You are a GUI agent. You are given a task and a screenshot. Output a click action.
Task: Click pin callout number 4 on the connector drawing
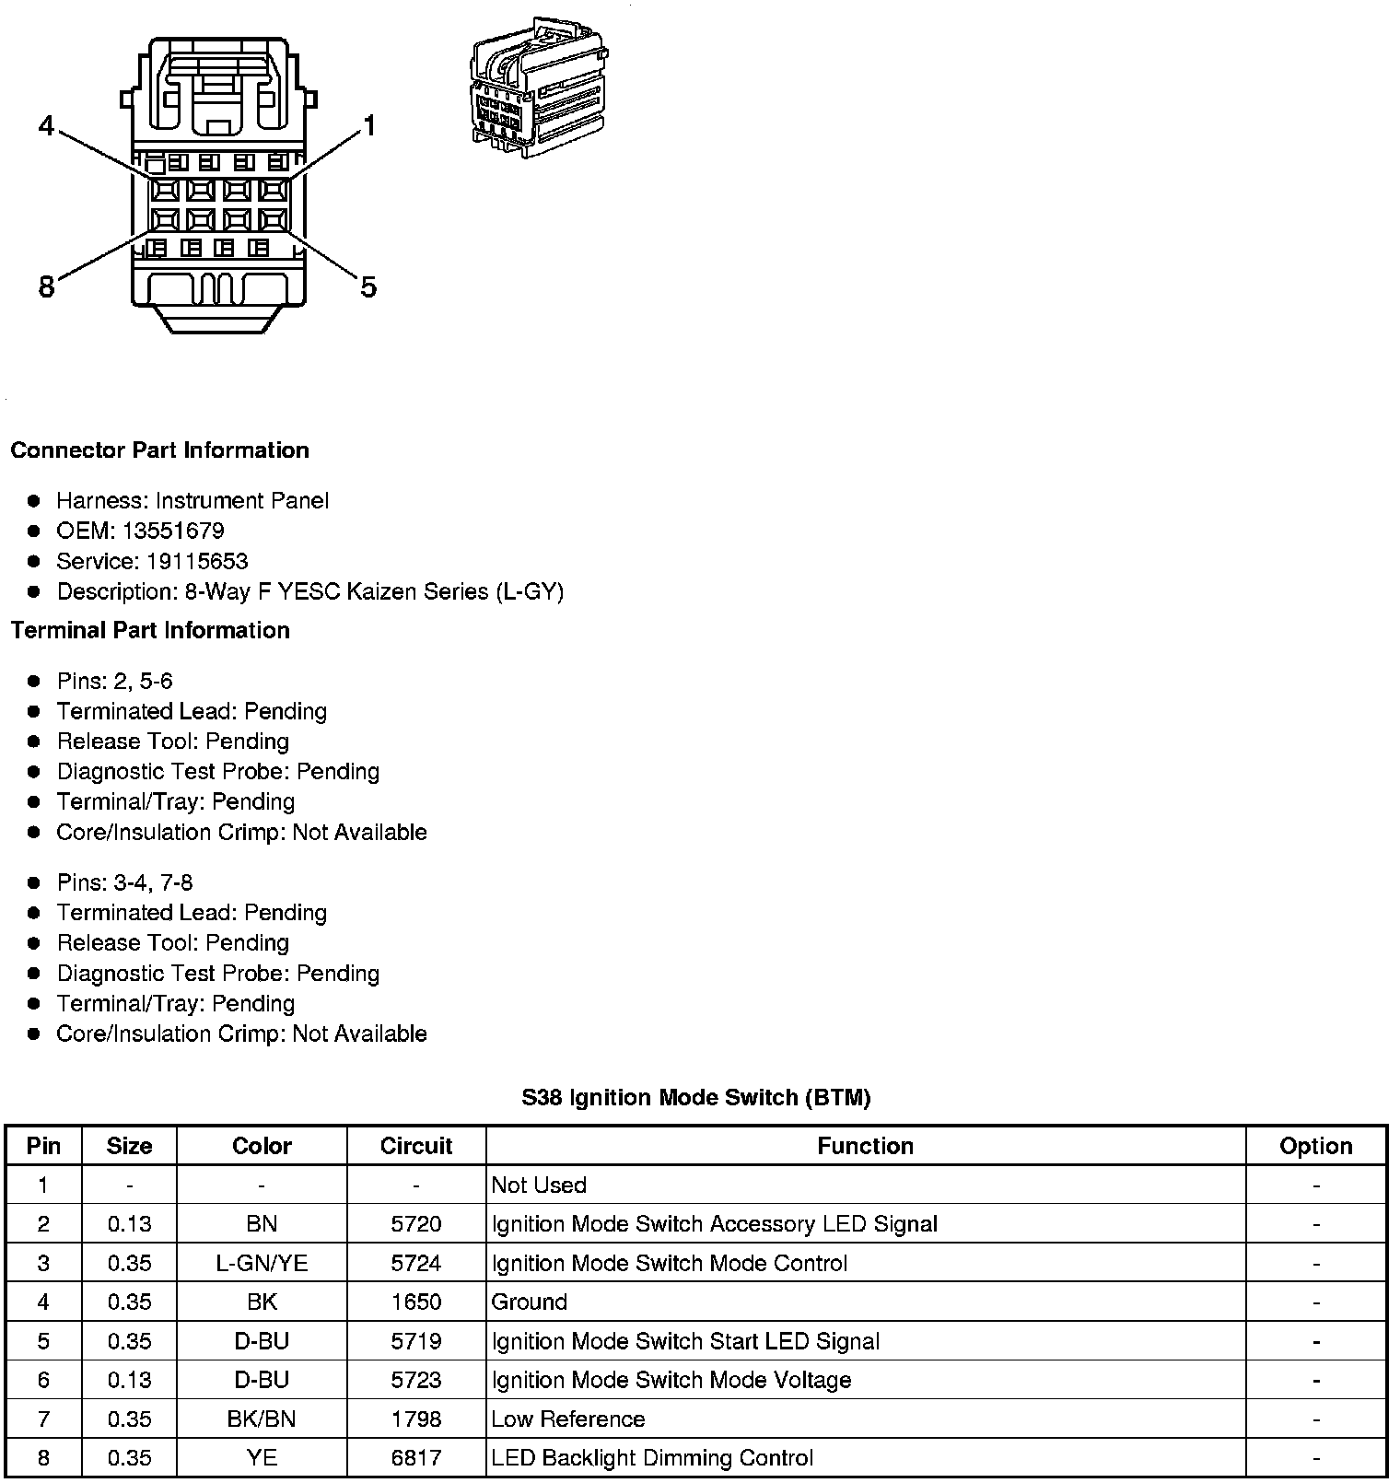pyautogui.click(x=47, y=125)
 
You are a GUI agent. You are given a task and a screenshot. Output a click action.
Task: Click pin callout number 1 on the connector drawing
pyautogui.click(x=369, y=125)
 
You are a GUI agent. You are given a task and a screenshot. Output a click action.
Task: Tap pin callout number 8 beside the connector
pyautogui.click(x=46, y=287)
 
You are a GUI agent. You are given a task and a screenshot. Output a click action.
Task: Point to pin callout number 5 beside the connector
pyautogui.click(x=368, y=287)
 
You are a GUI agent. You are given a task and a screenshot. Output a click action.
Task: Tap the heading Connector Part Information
pyautogui.click(x=159, y=450)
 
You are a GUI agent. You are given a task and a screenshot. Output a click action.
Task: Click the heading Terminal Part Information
pyautogui.click(x=150, y=630)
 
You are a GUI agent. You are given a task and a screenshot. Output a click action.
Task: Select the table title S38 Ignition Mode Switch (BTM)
pyautogui.click(x=695, y=1097)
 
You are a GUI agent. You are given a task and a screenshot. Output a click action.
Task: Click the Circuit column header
pyautogui.click(x=416, y=1146)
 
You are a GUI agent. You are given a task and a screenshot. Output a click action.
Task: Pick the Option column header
pyautogui.click(x=1315, y=1146)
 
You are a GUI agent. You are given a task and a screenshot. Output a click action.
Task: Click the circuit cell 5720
pyautogui.click(x=416, y=1224)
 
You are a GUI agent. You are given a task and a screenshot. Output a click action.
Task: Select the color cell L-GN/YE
pyautogui.click(x=262, y=1263)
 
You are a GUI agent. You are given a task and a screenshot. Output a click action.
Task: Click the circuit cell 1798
pyautogui.click(x=416, y=1419)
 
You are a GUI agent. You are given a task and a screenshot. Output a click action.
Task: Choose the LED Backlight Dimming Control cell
pyautogui.click(x=652, y=1458)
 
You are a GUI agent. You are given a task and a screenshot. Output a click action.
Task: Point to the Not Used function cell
pyautogui.click(x=539, y=1185)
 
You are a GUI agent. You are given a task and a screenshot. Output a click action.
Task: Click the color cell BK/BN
pyautogui.click(x=262, y=1419)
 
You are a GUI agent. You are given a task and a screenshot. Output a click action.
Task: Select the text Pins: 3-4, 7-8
pyautogui.click(x=125, y=882)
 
